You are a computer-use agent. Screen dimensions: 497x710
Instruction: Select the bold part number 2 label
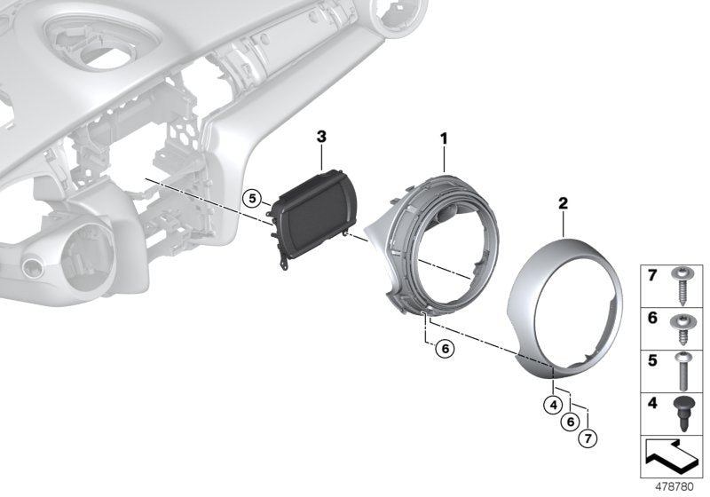[x=562, y=203]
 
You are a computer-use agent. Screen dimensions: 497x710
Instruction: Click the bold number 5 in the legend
[x=652, y=360]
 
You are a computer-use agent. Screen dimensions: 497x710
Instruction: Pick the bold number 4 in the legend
[x=652, y=403]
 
